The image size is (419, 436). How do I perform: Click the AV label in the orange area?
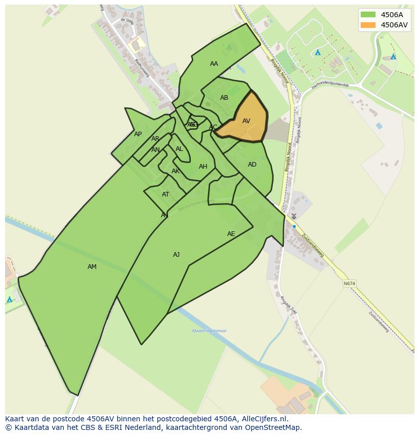pos(246,121)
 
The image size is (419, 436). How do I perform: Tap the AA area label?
pos(214,64)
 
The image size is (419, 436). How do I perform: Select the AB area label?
pos(224,98)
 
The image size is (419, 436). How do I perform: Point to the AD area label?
pos(252,165)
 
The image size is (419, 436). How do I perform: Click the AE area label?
pos(231,234)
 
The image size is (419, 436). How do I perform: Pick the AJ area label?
pos(176,255)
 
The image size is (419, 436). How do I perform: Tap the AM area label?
pos(92,267)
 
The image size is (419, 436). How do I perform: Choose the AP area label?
pos(138,134)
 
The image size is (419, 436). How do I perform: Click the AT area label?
pos(165,194)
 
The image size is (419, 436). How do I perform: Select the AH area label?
pos(203,167)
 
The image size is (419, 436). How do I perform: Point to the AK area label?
pos(175,171)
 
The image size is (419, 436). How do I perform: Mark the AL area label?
pos(179,149)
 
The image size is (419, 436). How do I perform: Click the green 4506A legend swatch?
pos(368,15)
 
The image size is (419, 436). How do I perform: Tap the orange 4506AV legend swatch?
pos(368,25)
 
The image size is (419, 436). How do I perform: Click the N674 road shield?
pos(349,284)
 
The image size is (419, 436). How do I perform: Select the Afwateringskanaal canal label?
pos(209,331)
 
